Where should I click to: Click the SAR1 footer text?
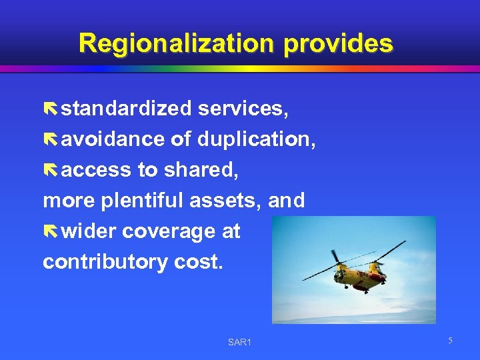(239, 343)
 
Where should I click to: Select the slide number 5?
(450, 341)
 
